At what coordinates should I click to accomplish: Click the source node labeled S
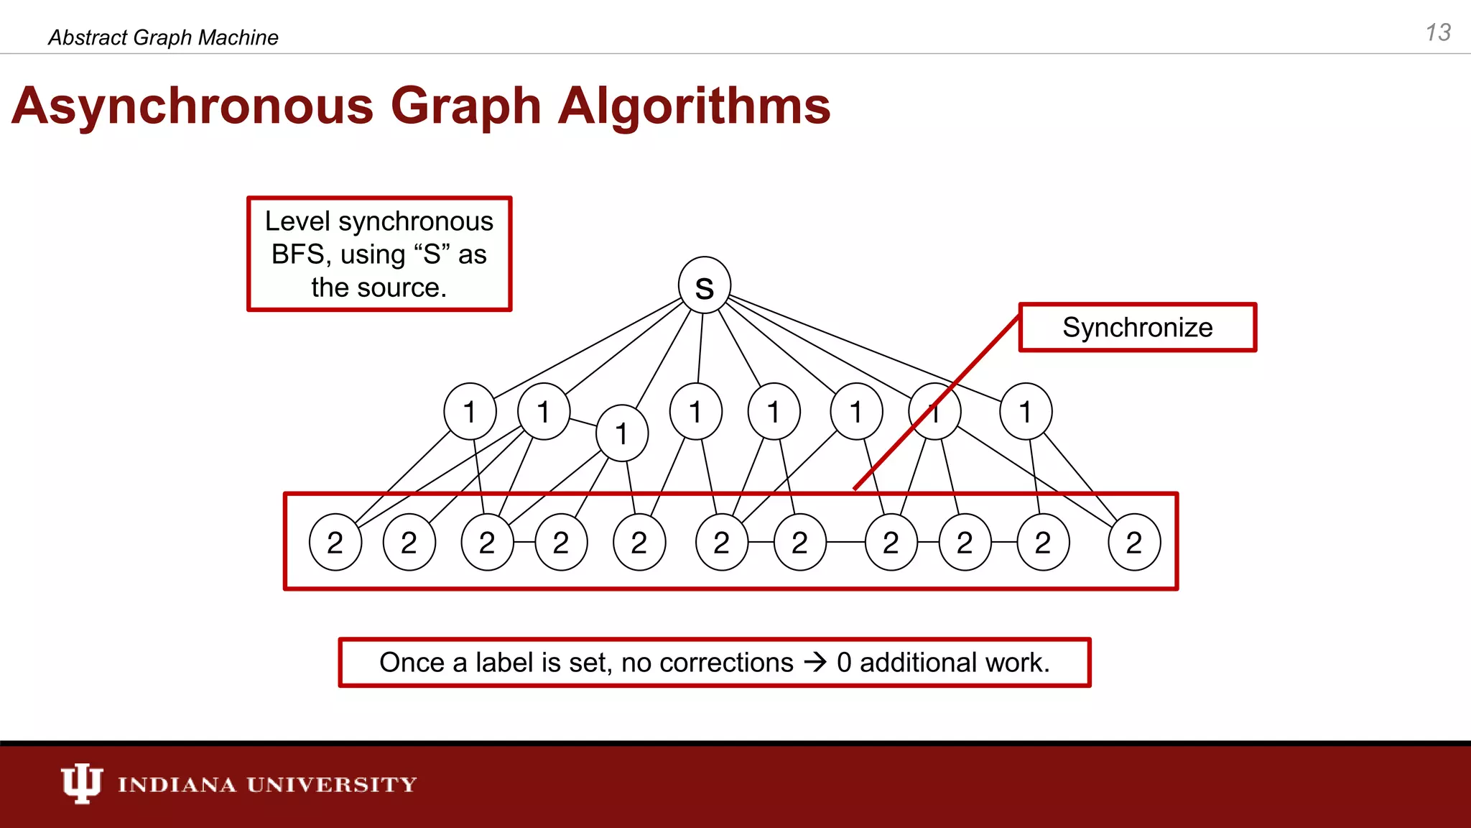point(705,285)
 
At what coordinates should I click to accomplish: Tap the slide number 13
point(1437,33)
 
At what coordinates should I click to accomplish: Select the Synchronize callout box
point(1137,328)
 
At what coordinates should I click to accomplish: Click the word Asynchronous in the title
point(192,106)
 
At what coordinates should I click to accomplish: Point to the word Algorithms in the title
point(694,106)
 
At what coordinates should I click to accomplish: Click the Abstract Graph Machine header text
point(163,37)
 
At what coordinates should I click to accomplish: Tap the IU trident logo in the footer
point(81,783)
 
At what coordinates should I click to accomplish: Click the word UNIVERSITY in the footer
point(332,784)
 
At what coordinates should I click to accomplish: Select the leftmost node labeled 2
point(335,543)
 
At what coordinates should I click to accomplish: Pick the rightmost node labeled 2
point(1134,543)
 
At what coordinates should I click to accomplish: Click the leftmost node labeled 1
point(470,412)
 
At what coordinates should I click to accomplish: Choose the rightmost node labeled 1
point(1026,412)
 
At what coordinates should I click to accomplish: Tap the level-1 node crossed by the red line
point(934,412)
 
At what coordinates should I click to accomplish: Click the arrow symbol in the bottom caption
point(815,662)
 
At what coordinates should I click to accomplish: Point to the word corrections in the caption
point(707,663)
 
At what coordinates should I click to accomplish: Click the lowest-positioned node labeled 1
point(622,433)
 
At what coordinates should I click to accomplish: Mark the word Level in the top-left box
point(297,221)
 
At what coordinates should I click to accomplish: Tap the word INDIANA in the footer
point(177,784)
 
